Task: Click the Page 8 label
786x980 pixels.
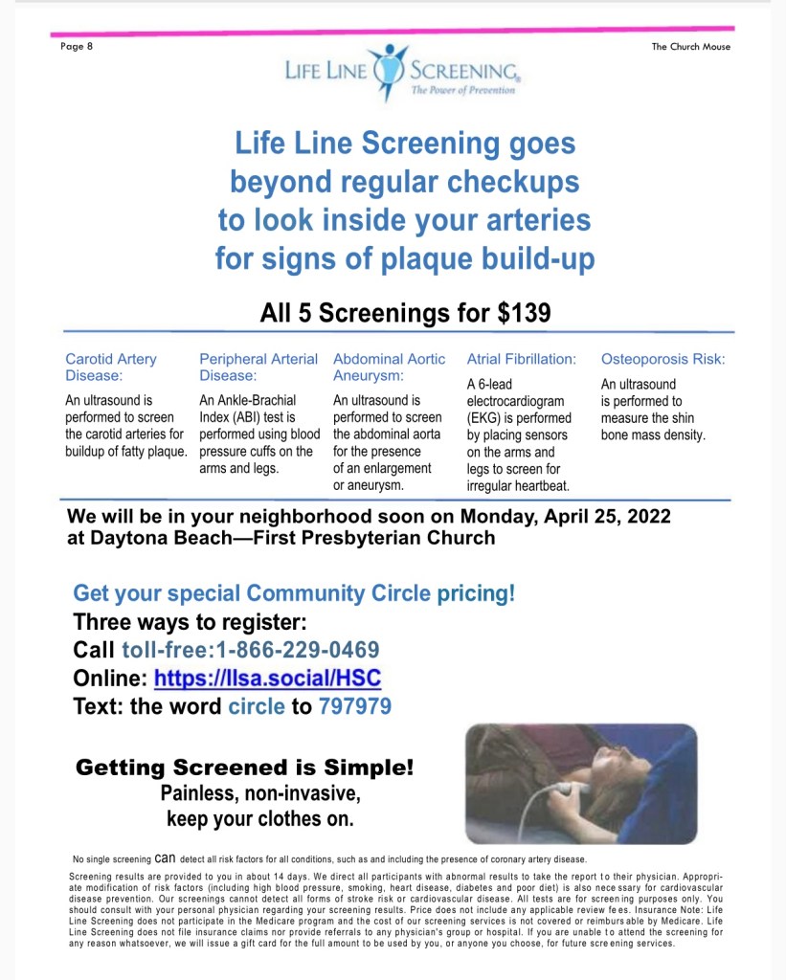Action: (76, 47)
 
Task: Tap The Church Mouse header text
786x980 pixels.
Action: (690, 47)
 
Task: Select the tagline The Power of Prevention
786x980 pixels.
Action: (462, 90)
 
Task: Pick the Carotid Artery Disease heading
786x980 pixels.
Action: (110, 367)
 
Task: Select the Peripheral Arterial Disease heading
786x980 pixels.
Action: (258, 367)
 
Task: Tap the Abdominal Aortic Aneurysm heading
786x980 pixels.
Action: (389, 367)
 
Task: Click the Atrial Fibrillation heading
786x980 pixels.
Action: (521, 359)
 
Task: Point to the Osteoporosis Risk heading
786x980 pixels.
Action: (662, 359)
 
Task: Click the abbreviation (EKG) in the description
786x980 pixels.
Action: (487, 418)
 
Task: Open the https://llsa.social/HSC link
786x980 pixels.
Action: (267, 679)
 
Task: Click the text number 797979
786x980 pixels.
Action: (354, 707)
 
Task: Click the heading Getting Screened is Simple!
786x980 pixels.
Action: (244, 768)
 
